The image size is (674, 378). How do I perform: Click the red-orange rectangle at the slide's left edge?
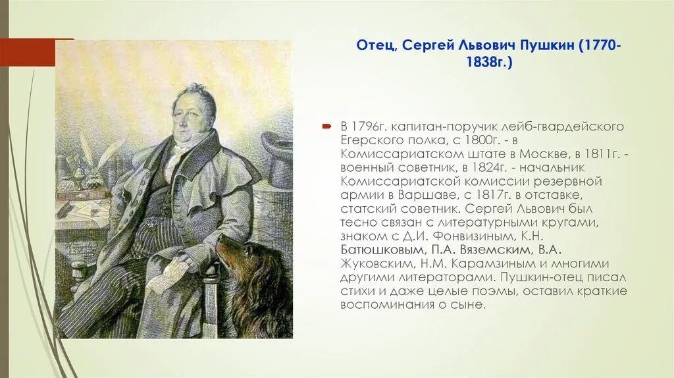click(27, 52)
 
